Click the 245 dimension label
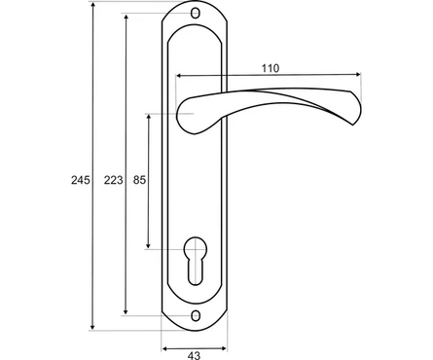click(81, 180)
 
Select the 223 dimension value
click(114, 180)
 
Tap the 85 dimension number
click(139, 180)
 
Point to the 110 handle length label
click(271, 68)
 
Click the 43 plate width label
click(194, 355)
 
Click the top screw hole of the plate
click(195, 14)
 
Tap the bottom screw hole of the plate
click(195, 315)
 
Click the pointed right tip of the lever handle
click(353, 125)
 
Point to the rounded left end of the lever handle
click(178, 114)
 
